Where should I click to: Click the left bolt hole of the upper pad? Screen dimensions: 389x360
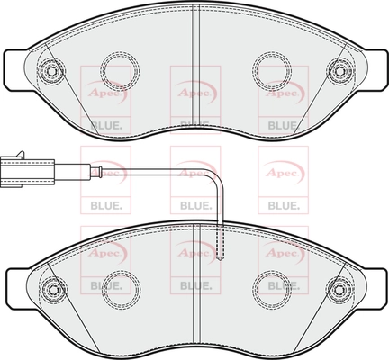50,71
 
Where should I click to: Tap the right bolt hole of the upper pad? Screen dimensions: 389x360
339,71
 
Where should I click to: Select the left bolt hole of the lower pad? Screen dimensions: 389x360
53,290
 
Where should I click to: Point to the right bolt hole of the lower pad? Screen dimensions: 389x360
339,290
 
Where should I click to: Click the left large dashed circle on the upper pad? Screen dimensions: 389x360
120,71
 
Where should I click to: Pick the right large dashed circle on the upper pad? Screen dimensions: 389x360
272,71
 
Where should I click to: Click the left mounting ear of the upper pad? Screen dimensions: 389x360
16,69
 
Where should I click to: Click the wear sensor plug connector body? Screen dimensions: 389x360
28,173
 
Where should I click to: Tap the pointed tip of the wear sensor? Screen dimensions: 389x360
221,259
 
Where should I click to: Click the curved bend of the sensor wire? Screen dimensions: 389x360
216,177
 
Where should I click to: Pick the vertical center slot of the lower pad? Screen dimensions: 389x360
196,285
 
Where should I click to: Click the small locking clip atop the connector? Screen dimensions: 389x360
20,155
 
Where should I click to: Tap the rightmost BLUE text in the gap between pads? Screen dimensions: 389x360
284,206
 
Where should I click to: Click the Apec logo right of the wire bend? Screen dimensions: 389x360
283,173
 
